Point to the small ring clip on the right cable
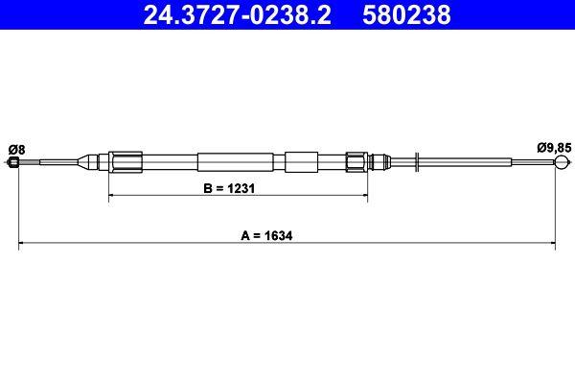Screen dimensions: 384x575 point(418,162)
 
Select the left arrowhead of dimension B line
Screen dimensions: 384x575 point(113,197)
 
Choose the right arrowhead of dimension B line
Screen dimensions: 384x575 point(364,197)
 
